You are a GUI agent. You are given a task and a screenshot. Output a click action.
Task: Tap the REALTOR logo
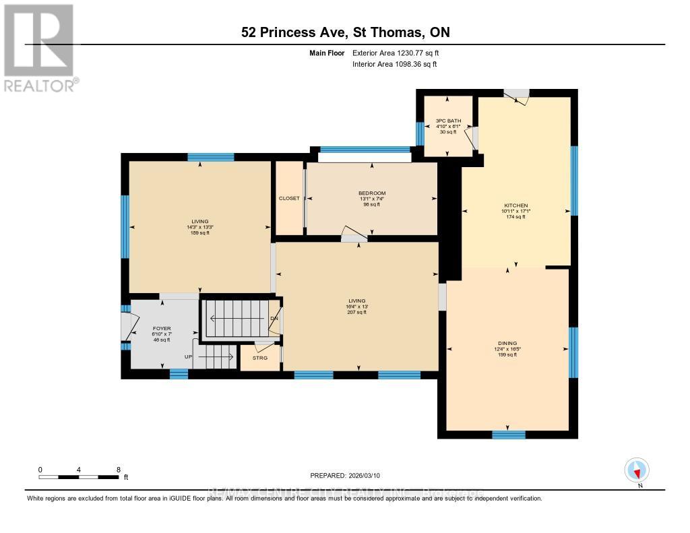click(x=40, y=47)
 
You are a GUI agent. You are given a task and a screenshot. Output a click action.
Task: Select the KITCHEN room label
click(x=516, y=206)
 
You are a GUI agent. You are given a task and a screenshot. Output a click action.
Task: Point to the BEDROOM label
click(x=371, y=193)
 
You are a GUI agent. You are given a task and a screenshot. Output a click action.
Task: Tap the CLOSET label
click(x=289, y=198)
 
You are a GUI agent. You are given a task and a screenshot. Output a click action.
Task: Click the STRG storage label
click(x=260, y=358)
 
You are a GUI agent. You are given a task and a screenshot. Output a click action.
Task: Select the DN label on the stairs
click(x=274, y=319)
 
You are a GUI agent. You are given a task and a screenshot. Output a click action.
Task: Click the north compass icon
click(x=637, y=470)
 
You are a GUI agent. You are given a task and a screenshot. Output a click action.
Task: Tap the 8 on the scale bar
click(x=119, y=470)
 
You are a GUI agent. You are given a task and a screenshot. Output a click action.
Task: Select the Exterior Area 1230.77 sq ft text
click(x=396, y=53)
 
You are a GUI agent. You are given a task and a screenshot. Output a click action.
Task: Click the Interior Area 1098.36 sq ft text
click(x=395, y=64)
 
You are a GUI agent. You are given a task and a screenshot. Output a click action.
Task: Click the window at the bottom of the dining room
click(x=508, y=435)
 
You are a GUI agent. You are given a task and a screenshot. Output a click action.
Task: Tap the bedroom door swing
click(x=354, y=234)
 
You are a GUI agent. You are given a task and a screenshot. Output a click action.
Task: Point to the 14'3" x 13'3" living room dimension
click(x=199, y=227)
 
